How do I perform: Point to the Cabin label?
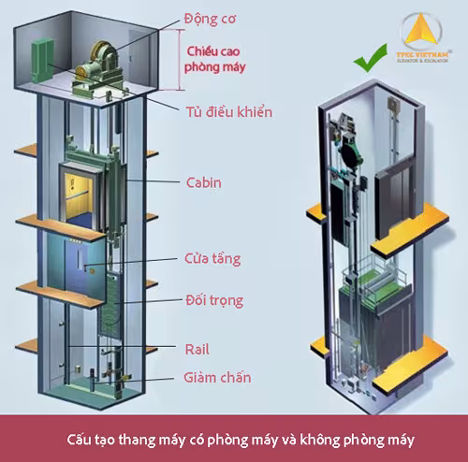(203, 182)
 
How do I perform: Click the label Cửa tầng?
(212, 257)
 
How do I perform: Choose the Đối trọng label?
(213, 301)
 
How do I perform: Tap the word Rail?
(197, 349)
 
